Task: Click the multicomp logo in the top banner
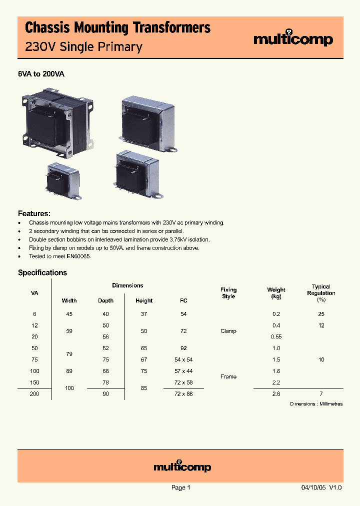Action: (x=293, y=39)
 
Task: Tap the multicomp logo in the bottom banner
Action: (x=182, y=467)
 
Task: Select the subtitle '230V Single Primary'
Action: (x=83, y=47)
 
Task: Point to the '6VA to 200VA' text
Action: (x=41, y=74)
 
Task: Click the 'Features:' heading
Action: (x=34, y=213)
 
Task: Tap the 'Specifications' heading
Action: (x=42, y=272)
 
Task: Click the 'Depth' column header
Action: (x=105, y=300)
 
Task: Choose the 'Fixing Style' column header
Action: (x=228, y=293)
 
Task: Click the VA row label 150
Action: (x=34, y=382)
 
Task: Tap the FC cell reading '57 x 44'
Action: (x=183, y=371)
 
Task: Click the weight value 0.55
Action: (x=276, y=336)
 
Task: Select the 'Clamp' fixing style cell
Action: (x=228, y=331)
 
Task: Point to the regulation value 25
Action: (x=321, y=314)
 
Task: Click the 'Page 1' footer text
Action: (x=181, y=487)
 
